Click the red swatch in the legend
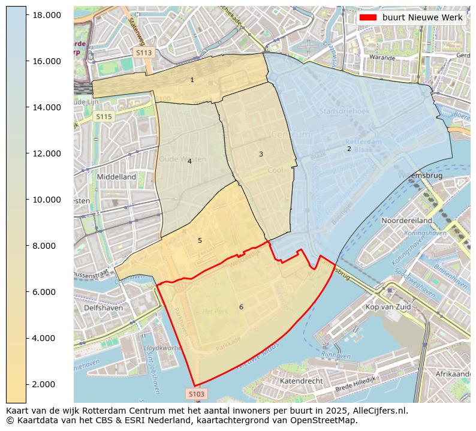(368, 17)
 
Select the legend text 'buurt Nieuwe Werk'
(422, 17)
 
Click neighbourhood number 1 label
(192, 80)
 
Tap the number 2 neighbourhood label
(349, 149)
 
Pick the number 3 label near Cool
(261, 154)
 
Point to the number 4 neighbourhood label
(189, 161)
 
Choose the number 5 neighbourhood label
(200, 240)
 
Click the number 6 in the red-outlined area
(241, 307)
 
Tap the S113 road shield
(144, 53)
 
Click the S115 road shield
(104, 117)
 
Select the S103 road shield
(196, 394)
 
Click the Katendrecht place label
(302, 381)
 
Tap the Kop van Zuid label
(388, 307)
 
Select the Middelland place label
(116, 177)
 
